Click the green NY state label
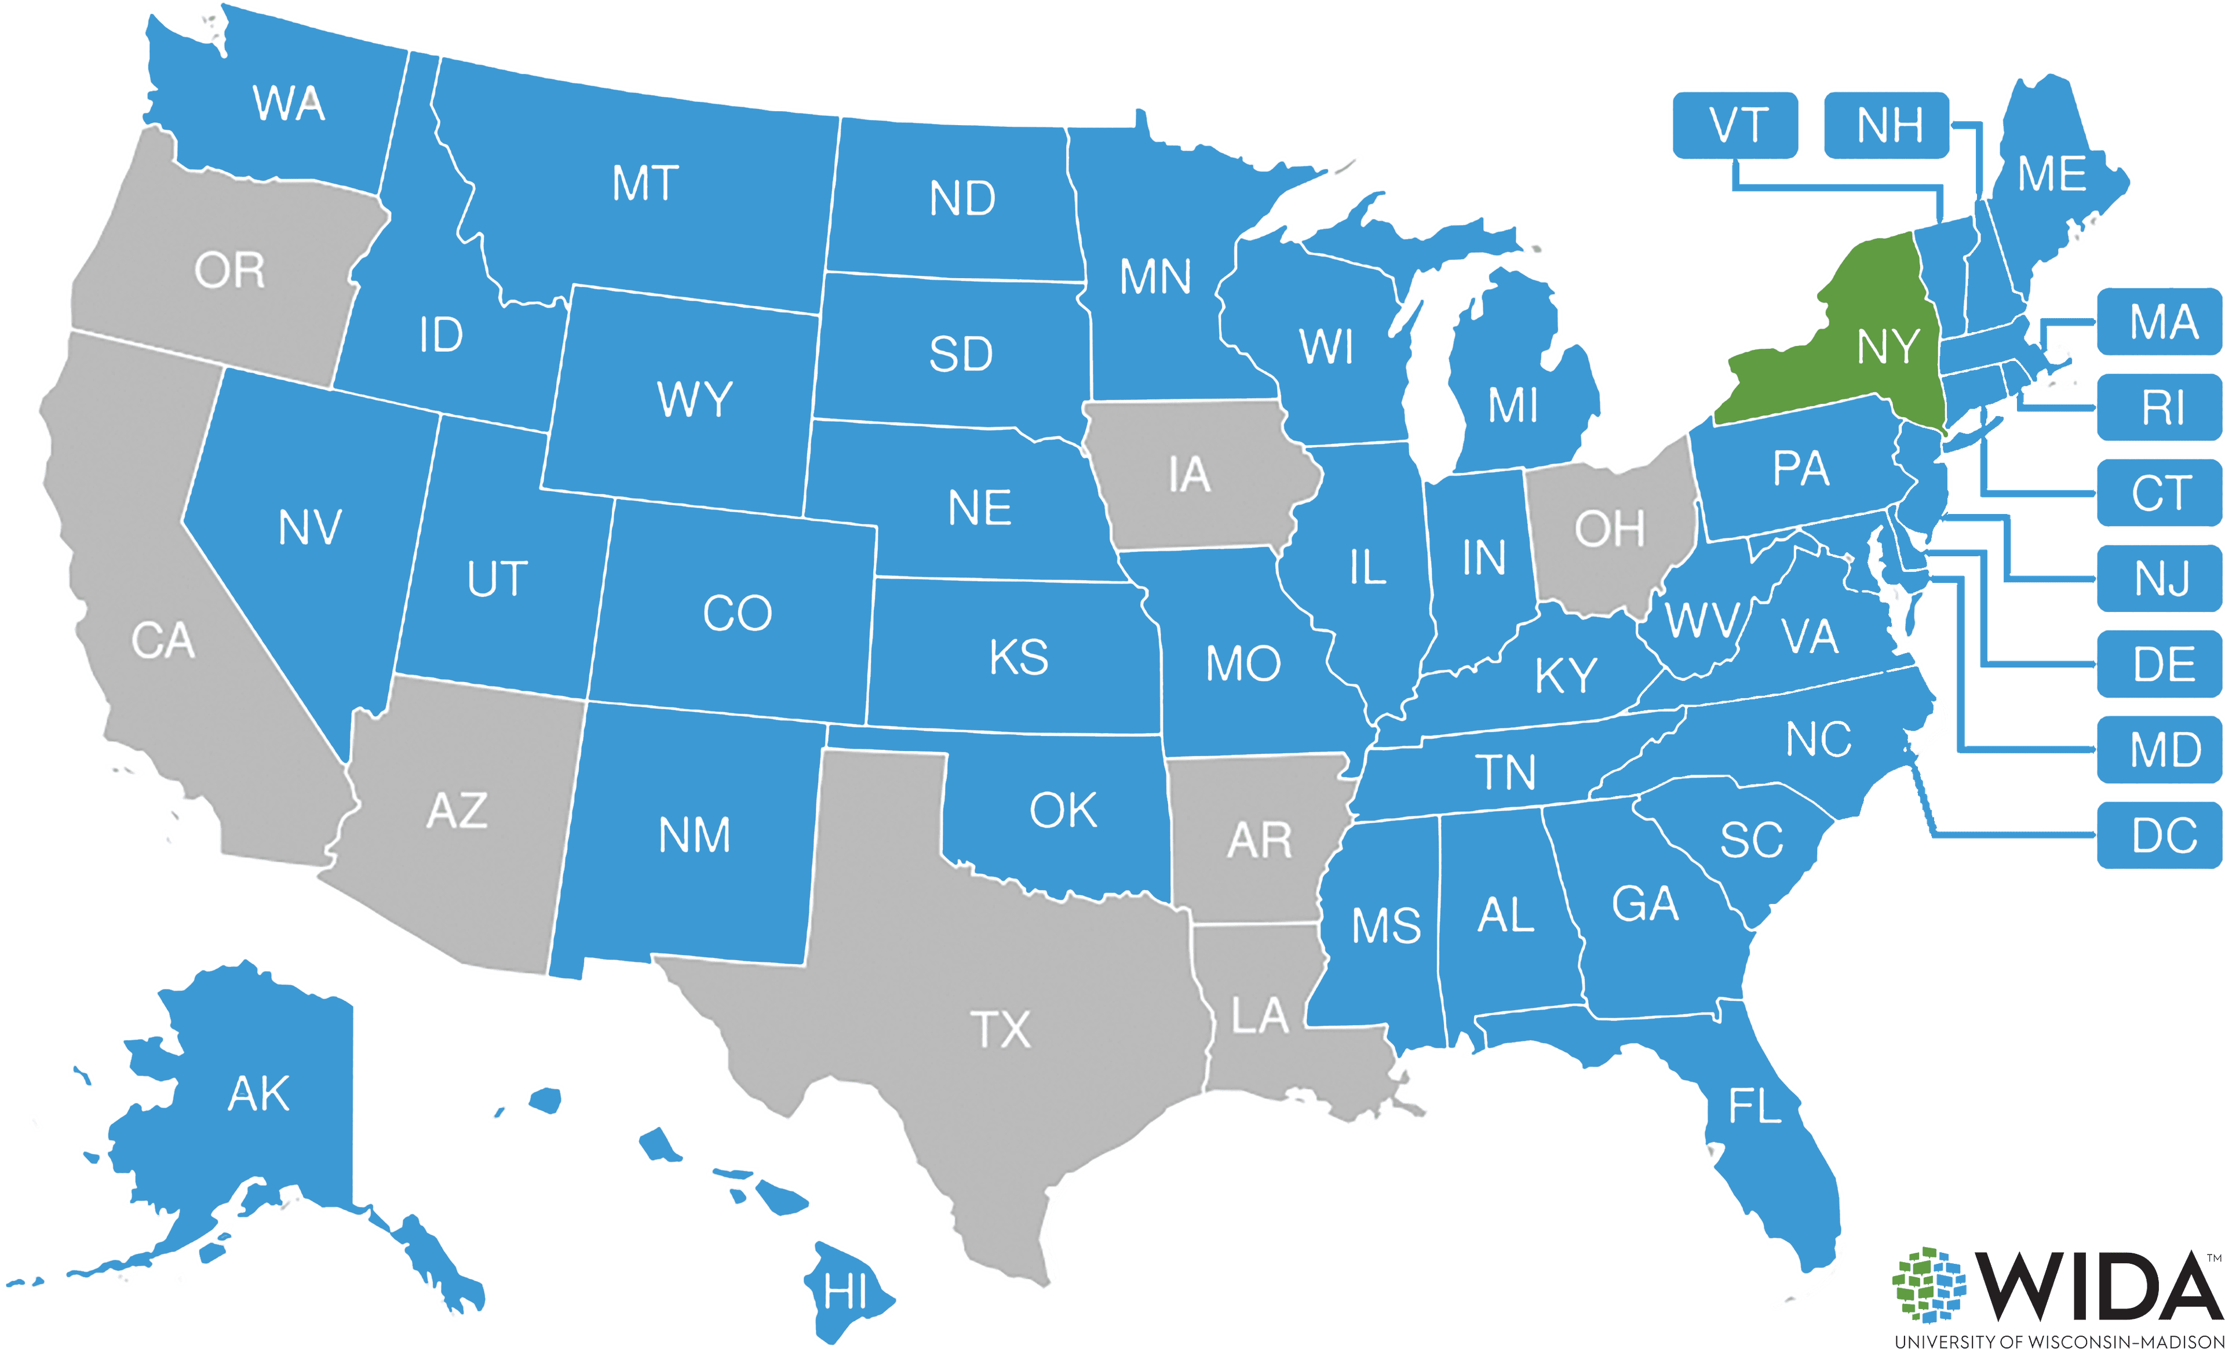[1887, 347]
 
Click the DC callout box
[2161, 835]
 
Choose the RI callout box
[2161, 408]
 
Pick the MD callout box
[2161, 749]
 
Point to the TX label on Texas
[1001, 1029]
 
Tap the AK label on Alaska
[258, 1093]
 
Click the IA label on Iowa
[1188, 475]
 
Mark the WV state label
[1701, 621]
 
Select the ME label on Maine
[2052, 174]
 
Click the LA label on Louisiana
[1259, 1017]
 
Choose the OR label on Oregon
[229, 271]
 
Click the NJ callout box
[2161, 579]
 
